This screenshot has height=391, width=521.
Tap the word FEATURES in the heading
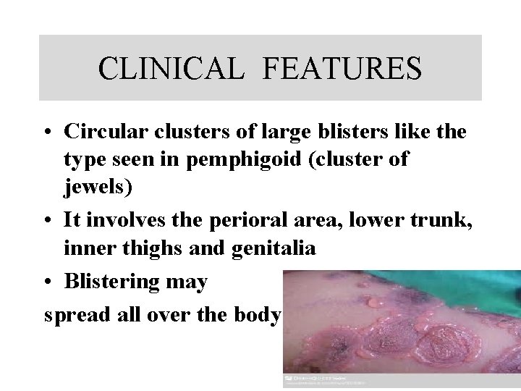(x=342, y=69)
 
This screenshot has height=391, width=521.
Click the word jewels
(x=98, y=188)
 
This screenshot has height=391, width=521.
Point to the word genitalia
(x=274, y=248)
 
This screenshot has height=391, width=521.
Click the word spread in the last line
(x=76, y=316)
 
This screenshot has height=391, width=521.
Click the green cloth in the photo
(x=434, y=286)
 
